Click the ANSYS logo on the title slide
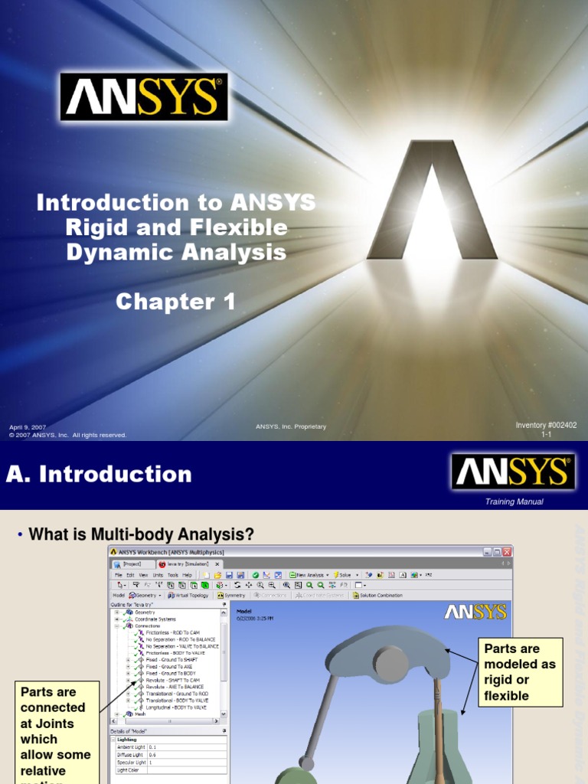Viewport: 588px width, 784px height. (144, 96)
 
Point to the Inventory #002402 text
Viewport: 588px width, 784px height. (546, 425)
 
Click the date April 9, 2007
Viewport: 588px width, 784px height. (28, 426)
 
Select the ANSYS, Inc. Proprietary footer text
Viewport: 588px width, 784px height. (291, 426)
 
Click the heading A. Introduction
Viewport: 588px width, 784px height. (99, 474)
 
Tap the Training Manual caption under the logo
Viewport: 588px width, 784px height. (514, 501)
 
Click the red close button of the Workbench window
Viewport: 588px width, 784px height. (507, 552)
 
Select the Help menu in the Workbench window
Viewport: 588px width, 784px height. (188, 574)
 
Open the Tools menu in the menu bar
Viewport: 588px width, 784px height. (173, 574)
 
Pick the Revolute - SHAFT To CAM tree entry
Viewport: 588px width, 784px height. (172, 681)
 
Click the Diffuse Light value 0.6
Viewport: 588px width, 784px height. (153, 755)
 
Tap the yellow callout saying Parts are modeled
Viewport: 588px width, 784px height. (520, 671)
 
